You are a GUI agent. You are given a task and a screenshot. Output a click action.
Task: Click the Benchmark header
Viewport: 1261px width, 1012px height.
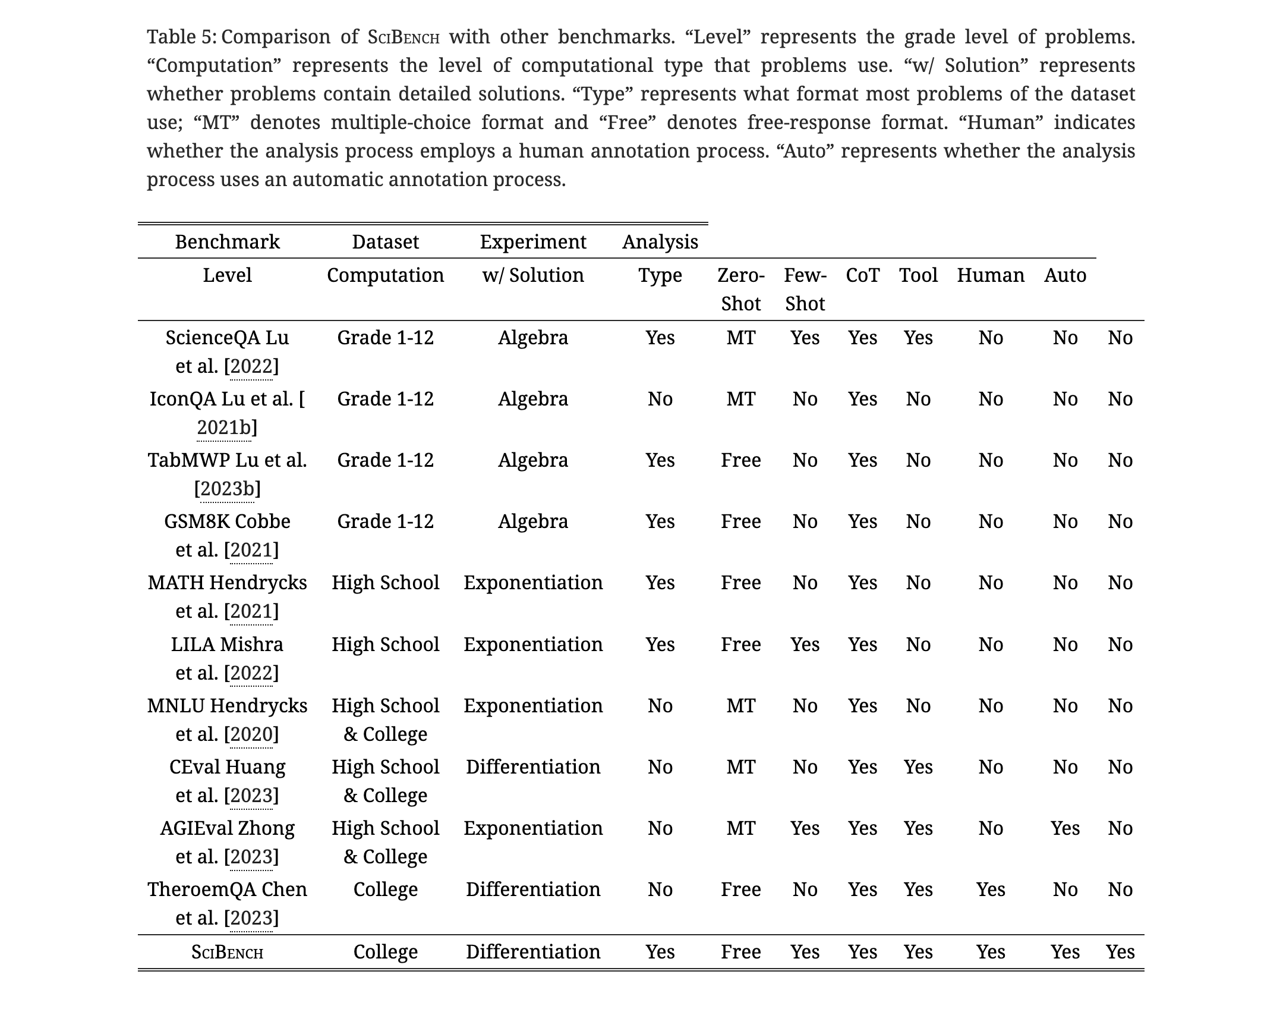(227, 242)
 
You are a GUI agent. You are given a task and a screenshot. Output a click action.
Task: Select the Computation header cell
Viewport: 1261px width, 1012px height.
(385, 275)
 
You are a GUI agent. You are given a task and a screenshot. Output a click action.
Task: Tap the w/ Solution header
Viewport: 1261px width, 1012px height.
(532, 275)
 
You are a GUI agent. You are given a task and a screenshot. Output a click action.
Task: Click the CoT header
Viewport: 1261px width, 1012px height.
(862, 275)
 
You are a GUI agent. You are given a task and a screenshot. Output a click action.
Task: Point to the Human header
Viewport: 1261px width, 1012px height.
(990, 275)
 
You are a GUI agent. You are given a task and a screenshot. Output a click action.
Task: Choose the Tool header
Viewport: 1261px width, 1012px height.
(918, 275)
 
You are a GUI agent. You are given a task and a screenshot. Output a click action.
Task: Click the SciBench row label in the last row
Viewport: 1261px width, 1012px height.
(227, 952)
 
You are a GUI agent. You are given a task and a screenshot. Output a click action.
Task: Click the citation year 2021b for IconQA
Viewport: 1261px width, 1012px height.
(223, 428)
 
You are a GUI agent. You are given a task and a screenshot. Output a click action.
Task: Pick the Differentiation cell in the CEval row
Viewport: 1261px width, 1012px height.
(532, 767)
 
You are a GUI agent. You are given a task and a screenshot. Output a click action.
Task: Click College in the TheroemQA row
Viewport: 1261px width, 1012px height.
(385, 890)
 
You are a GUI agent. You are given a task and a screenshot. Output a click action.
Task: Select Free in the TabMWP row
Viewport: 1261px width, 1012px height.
(740, 460)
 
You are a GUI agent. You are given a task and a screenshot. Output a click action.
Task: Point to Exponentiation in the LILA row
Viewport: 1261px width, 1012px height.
(532, 645)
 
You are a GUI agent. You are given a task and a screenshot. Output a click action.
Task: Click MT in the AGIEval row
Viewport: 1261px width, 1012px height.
(740, 828)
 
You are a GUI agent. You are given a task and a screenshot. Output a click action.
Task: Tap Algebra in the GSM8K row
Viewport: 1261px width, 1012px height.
(532, 521)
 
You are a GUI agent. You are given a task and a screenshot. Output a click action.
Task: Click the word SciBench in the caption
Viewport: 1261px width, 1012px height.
(403, 37)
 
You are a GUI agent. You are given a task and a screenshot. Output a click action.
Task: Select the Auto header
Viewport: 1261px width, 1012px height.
(1065, 275)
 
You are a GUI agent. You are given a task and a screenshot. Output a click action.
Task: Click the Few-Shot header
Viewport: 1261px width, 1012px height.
(805, 290)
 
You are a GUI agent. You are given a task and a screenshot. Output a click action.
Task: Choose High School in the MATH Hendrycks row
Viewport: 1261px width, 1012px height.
(385, 583)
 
